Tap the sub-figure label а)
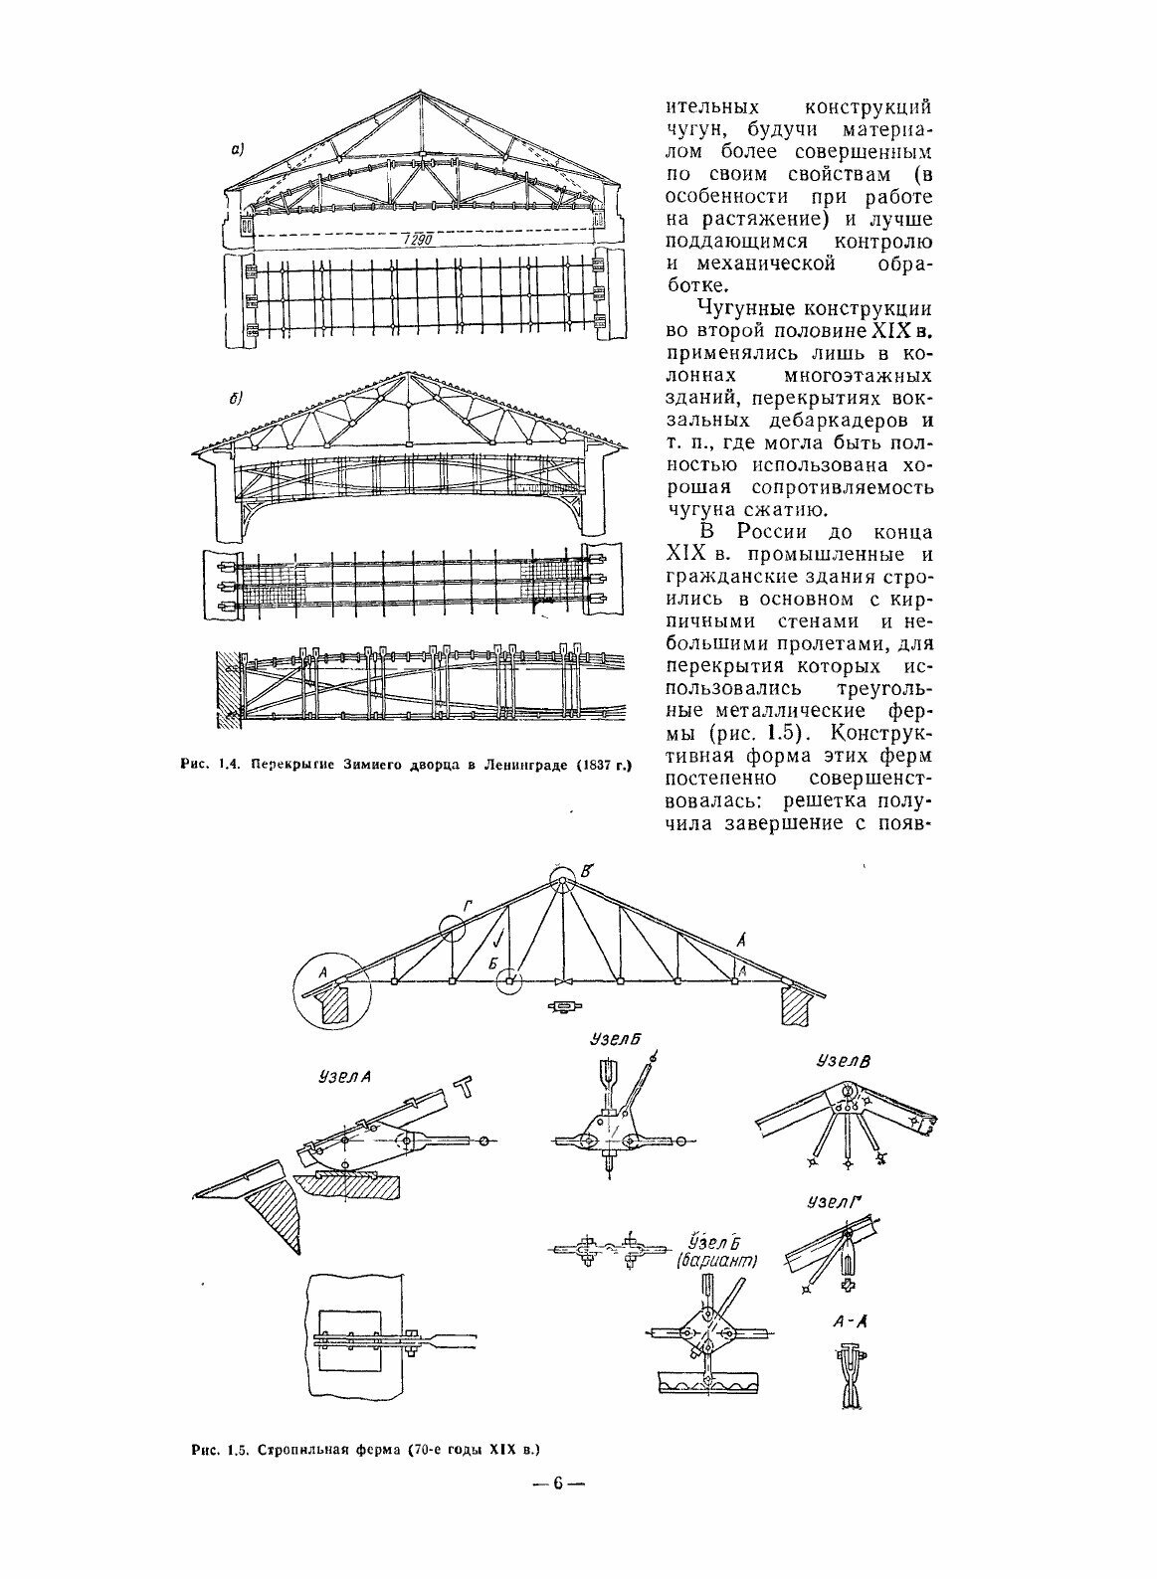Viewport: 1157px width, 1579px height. pyautogui.click(x=238, y=151)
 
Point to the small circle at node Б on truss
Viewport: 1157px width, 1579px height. pyautogui.click(x=508, y=981)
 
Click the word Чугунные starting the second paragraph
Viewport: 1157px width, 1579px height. pyautogui.click(x=733, y=311)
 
